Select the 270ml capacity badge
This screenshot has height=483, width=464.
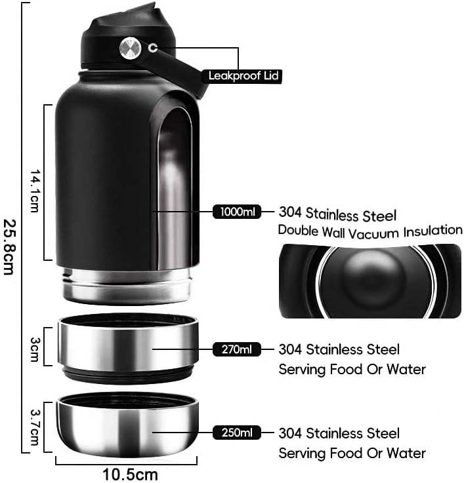237,349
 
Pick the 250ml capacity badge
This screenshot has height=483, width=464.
237,433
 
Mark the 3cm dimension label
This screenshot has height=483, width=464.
35,347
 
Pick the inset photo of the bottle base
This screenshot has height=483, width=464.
370,280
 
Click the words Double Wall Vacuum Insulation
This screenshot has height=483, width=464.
370,230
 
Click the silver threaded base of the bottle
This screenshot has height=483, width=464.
126,285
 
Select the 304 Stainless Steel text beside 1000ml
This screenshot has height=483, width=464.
337,214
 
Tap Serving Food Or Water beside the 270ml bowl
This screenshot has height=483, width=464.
352,369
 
